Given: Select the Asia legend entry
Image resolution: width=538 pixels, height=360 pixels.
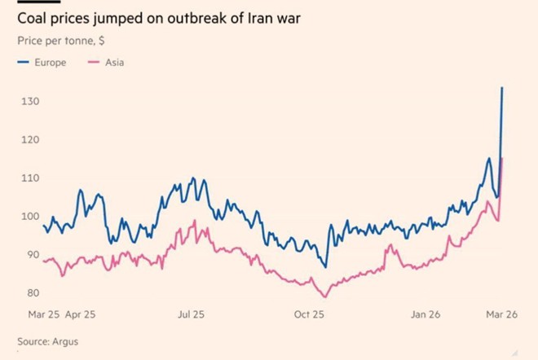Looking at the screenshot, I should point(113,63).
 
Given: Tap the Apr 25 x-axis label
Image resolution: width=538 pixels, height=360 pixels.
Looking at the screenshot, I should point(79,314).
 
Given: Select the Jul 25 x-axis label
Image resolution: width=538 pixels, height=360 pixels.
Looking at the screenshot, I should point(191,314).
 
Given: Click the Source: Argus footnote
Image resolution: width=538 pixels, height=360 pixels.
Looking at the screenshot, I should point(47,341).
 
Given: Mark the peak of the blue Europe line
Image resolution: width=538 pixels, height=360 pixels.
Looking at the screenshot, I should point(502,87).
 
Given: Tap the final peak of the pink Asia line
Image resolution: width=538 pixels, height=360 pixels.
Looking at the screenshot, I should point(501,158).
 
